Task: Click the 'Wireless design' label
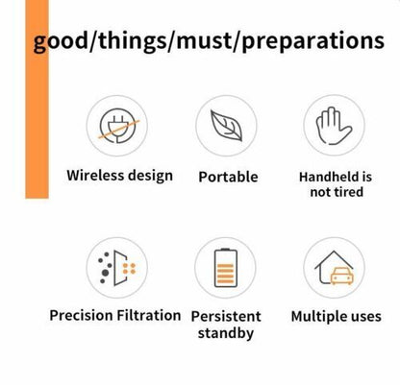coord(119,176)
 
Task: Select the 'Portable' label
coord(227,178)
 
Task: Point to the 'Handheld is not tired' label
coord(336,184)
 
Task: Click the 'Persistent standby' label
coord(227,325)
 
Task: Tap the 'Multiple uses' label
coord(336,316)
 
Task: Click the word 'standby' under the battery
coord(226,334)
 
